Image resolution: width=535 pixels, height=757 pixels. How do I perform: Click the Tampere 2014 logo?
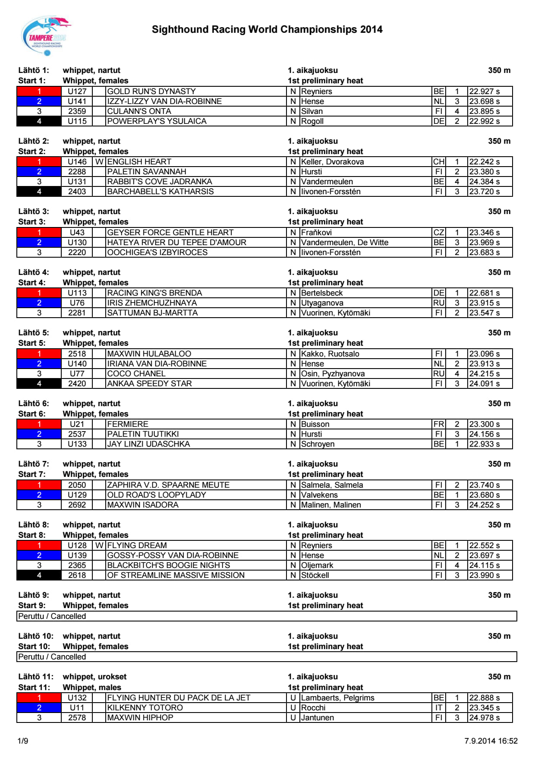point(46,36)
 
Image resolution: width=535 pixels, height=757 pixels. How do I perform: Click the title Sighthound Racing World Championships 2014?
point(267,29)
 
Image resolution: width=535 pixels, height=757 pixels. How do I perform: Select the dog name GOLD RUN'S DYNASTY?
point(151,91)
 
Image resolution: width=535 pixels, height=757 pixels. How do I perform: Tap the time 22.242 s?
point(485,162)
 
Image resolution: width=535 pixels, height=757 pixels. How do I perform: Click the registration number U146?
point(77,162)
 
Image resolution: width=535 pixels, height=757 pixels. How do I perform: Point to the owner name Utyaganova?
point(322,303)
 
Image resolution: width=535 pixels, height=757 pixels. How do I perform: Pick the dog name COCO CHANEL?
point(136,374)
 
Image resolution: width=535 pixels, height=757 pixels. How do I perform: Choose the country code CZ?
point(439,233)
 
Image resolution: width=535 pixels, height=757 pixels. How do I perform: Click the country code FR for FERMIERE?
point(439,424)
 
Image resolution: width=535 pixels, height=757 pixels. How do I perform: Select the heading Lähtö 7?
point(34,464)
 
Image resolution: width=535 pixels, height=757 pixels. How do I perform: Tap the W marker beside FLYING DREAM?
point(99,546)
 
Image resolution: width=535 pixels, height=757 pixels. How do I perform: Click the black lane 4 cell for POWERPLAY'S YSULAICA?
point(39,121)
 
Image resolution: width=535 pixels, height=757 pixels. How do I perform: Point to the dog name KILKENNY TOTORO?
point(145,708)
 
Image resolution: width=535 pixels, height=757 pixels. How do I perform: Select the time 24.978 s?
point(485,718)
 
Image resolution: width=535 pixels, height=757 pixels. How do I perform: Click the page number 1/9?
point(23,741)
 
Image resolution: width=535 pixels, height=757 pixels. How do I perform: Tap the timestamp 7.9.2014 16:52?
point(491,741)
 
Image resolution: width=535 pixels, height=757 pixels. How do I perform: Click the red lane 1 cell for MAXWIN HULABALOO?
point(39,354)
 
